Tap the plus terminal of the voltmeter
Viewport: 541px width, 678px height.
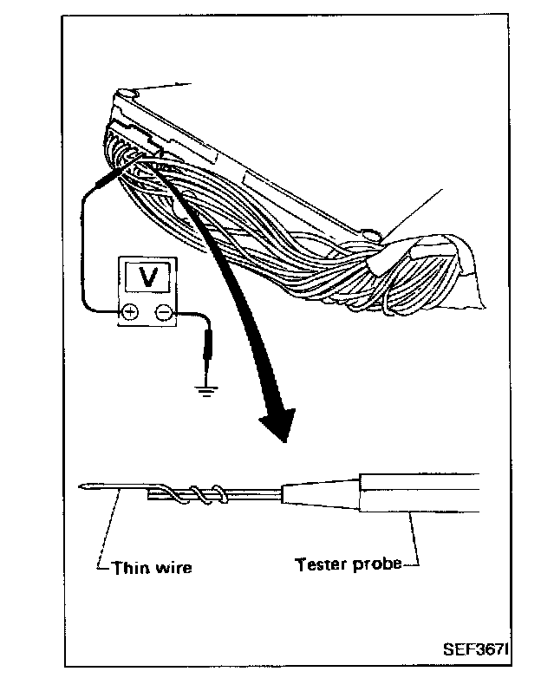click(x=129, y=312)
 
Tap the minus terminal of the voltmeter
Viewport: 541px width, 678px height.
click(x=162, y=313)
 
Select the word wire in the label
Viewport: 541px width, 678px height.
click(x=173, y=568)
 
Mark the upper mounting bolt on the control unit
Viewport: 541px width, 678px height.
click(x=127, y=93)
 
